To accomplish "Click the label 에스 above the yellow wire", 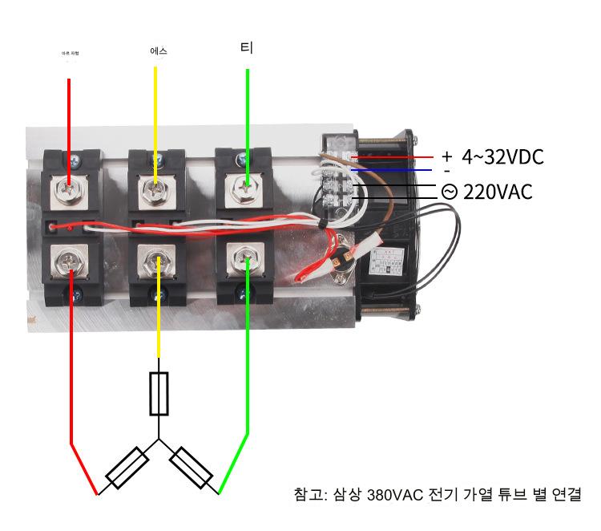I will [158, 51].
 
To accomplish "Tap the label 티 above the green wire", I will [247, 48].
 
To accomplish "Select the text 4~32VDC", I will [502, 157].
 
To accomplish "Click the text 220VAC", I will [498, 193].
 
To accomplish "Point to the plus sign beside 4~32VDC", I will [446, 156].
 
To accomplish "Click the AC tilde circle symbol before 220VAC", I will [450, 193].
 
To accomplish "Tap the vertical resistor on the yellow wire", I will [159, 394].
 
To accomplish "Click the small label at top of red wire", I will [71, 54].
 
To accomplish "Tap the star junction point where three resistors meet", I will [159, 439].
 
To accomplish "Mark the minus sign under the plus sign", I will [446, 171].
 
